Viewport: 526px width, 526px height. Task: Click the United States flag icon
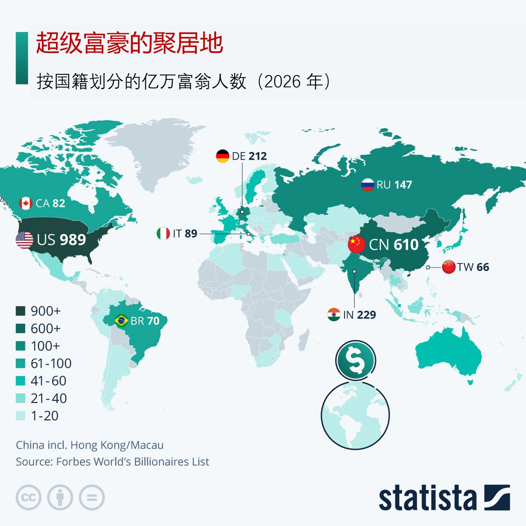coord(24,240)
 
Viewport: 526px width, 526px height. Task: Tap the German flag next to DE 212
coord(222,156)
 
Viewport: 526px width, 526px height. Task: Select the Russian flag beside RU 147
coord(367,185)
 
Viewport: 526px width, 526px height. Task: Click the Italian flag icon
coord(163,233)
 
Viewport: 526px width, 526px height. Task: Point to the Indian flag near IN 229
coord(334,315)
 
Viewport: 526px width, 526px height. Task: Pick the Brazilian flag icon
coord(121,321)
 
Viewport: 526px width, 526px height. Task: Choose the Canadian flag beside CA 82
coord(26,203)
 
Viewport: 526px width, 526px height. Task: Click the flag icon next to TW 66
coord(449,267)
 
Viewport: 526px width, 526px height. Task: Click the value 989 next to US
coord(73,240)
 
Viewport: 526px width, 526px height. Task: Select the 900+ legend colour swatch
coord(21,311)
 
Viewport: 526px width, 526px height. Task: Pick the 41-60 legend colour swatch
coord(21,381)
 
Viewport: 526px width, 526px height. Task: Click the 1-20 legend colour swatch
coord(21,416)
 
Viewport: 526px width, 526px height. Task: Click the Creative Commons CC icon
coord(28,498)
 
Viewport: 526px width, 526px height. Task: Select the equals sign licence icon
coord(92,498)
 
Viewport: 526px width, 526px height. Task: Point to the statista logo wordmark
coord(427,498)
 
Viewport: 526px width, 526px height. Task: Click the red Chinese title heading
coord(129,44)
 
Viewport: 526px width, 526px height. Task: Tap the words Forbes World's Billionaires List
coord(132,462)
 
